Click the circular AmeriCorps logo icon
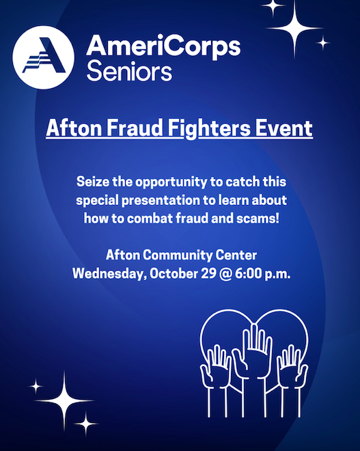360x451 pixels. pos(43,57)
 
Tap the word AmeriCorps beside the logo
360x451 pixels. pos(163,46)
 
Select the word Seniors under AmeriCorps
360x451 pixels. pos(129,70)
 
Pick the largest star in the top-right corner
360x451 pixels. pos(294,28)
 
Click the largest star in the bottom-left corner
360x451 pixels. pos(65,400)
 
